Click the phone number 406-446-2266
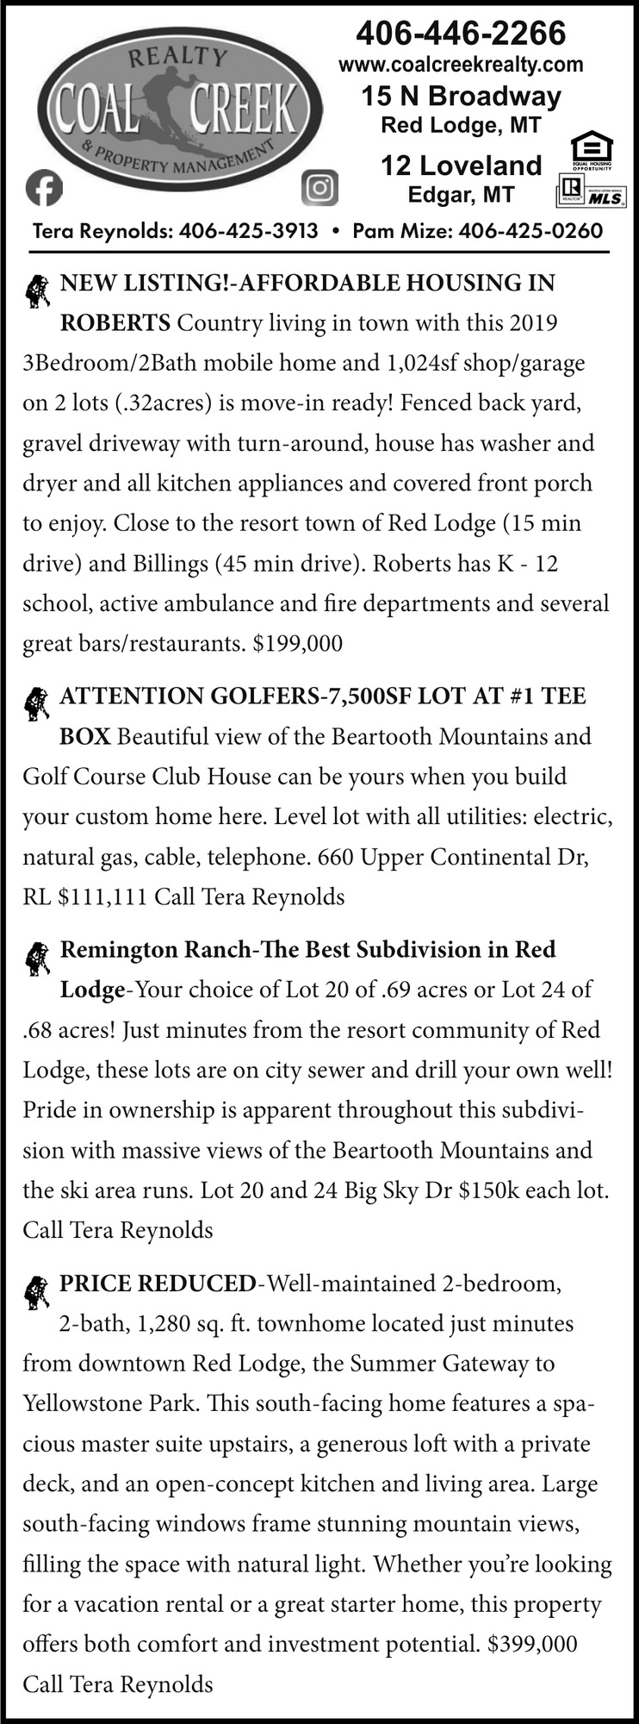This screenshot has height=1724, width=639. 461,33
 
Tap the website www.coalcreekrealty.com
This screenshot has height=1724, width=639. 461,65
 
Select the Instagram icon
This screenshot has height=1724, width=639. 320,188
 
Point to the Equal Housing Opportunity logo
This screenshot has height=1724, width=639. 592,150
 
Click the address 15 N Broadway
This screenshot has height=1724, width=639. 461,96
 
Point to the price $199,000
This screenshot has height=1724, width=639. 297,643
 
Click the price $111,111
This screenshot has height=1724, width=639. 102,896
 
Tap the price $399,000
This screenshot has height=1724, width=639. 531,1644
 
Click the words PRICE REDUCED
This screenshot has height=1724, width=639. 158,1283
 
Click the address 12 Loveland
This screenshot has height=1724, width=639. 461,165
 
